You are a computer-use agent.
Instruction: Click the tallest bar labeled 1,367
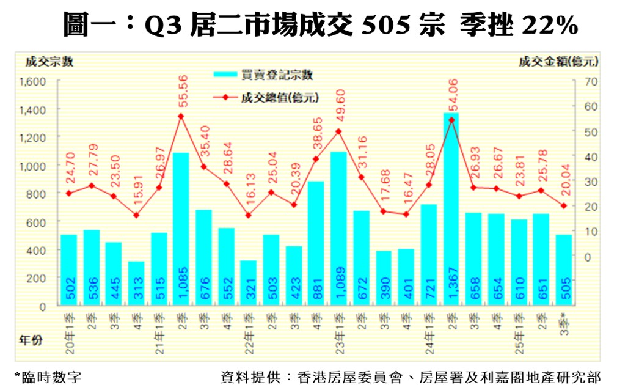(x=451, y=208)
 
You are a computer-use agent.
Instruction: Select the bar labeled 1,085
(x=181, y=229)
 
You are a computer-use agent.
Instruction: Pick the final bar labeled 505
(x=563, y=269)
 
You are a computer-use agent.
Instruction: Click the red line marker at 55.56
(x=181, y=116)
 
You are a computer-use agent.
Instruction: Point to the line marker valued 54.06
(x=451, y=120)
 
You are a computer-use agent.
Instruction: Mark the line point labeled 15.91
(x=136, y=215)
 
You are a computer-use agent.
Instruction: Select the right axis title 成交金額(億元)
(x=558, y=61)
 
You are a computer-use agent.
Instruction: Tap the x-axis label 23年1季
(x=340, y=334)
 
